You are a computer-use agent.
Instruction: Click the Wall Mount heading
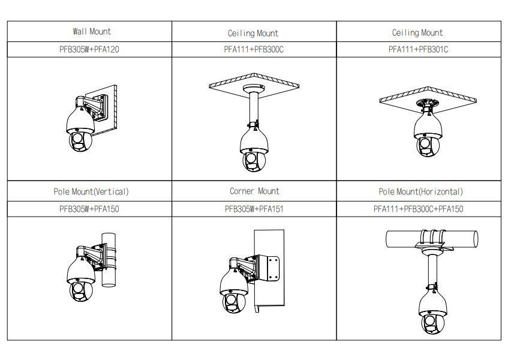[x=92, y=31]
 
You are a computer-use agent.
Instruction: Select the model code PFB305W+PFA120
[x=89, y=49]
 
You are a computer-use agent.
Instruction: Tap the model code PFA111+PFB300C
[x=253, y=49]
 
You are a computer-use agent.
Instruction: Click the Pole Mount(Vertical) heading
[x=90, y=192]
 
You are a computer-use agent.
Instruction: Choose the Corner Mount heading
[x=254, y=191]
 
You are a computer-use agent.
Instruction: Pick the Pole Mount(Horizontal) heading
[x=420, y=192]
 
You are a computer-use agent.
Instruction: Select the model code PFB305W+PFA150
[x=89, y=209]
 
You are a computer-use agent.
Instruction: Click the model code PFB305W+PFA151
[x=254, y=209]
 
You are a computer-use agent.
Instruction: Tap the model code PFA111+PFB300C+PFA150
[x=418, y=209]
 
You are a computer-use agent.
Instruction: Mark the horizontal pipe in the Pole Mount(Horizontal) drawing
[x=396, y=239]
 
